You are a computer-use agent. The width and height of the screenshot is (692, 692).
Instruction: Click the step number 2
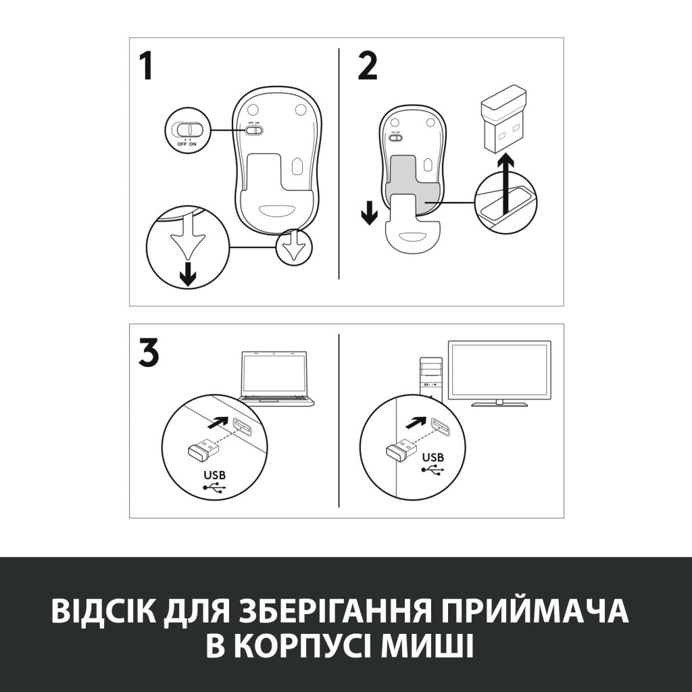click(x=368, y=66)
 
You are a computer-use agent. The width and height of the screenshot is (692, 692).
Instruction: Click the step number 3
click(x=149, y=353)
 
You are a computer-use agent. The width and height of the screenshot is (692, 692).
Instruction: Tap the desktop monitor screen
click(x=500, y=370)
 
